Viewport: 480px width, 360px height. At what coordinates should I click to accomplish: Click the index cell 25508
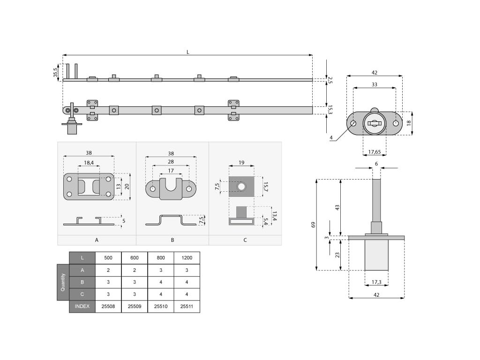108,307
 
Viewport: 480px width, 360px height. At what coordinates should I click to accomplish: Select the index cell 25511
187,307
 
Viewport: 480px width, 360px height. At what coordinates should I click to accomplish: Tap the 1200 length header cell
187,258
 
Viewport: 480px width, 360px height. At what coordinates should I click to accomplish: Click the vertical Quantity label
63,282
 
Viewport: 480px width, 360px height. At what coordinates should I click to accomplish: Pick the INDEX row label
82,307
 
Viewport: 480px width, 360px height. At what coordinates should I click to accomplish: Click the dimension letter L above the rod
188,52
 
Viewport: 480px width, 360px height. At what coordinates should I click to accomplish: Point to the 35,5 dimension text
56,72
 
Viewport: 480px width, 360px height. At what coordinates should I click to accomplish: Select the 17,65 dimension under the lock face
374,151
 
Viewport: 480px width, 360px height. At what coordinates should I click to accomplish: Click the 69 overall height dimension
313,225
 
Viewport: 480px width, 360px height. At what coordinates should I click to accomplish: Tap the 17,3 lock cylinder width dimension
376,282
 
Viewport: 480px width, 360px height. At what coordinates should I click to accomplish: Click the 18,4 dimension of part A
89,163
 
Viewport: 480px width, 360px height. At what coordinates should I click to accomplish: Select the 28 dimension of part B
171,162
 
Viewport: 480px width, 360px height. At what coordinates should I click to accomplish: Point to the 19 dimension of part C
241,162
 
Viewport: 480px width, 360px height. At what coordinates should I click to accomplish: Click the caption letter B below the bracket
172,240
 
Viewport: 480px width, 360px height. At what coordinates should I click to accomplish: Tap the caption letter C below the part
245,240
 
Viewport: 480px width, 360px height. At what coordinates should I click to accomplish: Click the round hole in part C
241,187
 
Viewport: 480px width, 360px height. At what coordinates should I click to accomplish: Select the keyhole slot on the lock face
375,124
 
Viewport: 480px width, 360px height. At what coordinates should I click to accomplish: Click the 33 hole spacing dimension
374,84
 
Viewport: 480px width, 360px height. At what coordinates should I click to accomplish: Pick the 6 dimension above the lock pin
376,164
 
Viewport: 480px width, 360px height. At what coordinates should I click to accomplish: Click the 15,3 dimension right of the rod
330,110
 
